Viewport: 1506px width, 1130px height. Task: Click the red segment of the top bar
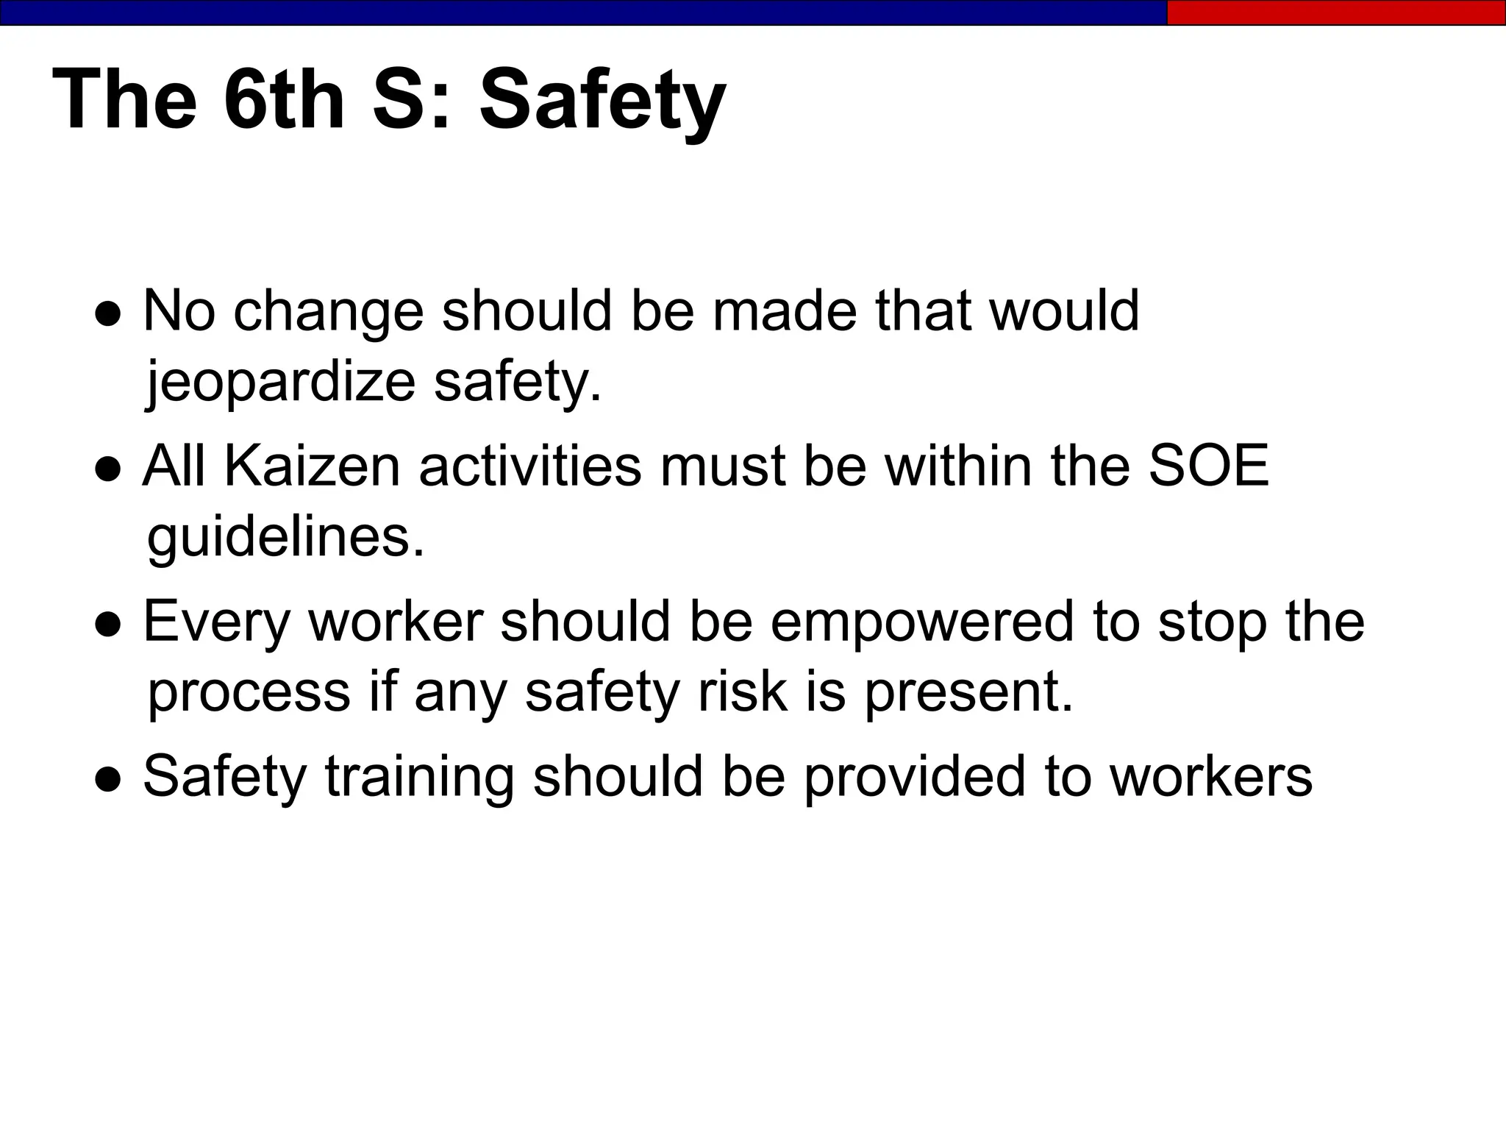click(x=1335, y=13)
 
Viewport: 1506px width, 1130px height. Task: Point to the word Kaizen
click(x=312, y=466)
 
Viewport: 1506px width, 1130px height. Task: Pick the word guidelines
click(x=286, y=538)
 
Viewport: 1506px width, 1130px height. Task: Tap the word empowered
click(x=922, y=622)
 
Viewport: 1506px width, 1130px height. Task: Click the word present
click(x=968, y=694)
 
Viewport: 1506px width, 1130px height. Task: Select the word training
click(x=419, y=777)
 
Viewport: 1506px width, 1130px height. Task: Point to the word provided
click(x=914, y=777)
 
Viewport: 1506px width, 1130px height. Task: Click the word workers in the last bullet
click(x=1210, y=777)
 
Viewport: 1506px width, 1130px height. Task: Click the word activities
click(x=529, y=466)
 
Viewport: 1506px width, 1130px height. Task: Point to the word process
click(x=249, y=694)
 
